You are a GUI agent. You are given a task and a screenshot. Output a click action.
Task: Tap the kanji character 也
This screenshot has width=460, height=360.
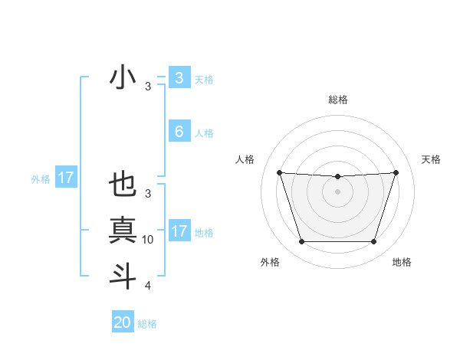(123, 186)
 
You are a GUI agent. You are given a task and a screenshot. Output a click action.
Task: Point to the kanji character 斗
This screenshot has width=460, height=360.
(123, 275)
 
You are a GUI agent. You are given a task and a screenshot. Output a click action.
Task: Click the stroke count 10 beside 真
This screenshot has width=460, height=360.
(148, 240)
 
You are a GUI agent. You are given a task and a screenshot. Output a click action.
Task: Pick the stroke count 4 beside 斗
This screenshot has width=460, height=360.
(148, 286)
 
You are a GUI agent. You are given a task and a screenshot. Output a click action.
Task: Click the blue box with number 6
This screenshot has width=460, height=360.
(179, 132)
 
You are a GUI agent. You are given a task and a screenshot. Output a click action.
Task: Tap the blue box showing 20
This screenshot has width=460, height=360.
(123, 322)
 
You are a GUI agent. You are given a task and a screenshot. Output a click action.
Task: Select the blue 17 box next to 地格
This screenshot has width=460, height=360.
(179, 231)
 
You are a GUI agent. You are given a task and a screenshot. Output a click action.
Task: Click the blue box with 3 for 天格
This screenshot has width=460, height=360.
(179, 78)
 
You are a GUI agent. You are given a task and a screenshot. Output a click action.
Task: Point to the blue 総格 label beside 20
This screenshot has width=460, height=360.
(147, 324)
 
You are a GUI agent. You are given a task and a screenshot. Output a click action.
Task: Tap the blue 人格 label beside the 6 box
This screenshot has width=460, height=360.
(204, 133)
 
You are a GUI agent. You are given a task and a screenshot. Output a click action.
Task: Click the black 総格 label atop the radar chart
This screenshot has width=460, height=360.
(337, 100)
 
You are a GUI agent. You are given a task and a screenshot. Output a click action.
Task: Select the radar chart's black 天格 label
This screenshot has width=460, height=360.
(432, 159)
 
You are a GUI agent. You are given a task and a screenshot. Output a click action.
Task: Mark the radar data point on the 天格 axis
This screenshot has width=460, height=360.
(396, 172)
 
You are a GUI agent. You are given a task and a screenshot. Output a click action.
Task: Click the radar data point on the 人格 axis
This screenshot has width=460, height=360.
(279, 172)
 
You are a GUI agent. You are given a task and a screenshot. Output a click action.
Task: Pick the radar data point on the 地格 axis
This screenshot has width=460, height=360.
(373, 242)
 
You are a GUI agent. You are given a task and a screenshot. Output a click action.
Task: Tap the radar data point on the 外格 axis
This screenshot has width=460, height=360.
(301, 242)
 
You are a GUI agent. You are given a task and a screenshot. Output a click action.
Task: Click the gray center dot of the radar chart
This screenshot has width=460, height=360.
(337, 191)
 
